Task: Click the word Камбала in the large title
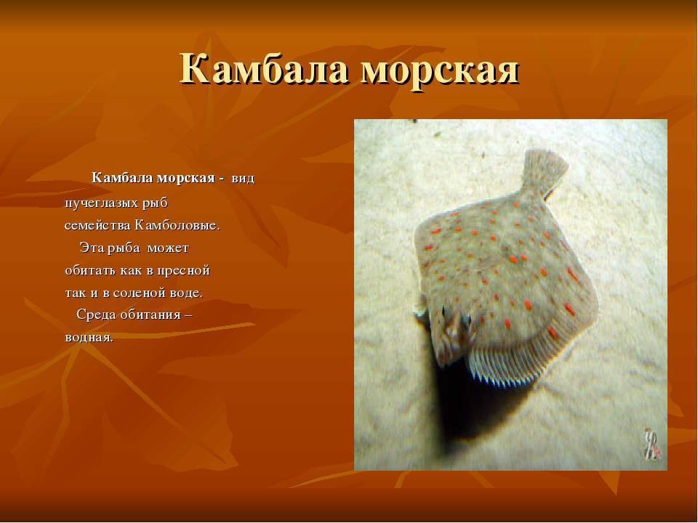click(264, 69)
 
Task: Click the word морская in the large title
click(440, 71)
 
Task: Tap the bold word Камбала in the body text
click(121, 178)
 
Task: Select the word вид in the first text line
click(243, 179)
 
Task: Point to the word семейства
click(97, 225)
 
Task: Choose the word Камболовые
click(177, 225)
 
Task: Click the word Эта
click(91, 248)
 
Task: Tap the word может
click(168, 248)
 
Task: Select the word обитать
click(90, 270)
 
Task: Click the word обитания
click(152, 315)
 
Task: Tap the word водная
click(89, 337)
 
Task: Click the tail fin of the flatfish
click(545, 171)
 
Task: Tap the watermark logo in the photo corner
click(653, 443)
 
